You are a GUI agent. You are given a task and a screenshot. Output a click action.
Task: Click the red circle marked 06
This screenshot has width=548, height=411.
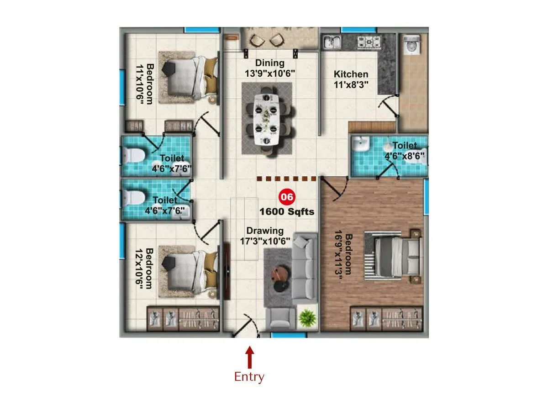[287, 197]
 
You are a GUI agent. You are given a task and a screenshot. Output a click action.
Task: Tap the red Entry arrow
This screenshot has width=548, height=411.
[249, 358]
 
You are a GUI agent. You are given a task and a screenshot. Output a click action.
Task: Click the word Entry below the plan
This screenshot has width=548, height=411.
[249, 377]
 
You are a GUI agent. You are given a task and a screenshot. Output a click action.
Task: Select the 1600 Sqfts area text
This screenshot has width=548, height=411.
[287, 212]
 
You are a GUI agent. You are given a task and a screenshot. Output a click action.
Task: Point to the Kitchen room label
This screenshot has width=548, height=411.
[351, 74]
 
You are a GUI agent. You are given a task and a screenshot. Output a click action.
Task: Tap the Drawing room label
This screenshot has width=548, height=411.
[265, 231]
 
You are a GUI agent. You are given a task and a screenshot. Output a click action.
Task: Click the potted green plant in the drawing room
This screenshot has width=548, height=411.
[306, 317]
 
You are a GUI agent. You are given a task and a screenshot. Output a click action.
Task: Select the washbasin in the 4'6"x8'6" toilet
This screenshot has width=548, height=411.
[361, 145]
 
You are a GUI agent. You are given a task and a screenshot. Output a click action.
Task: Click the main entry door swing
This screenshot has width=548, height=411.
[247, 326]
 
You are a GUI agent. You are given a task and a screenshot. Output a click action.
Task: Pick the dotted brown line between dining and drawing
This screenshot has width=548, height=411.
[287, 179]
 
